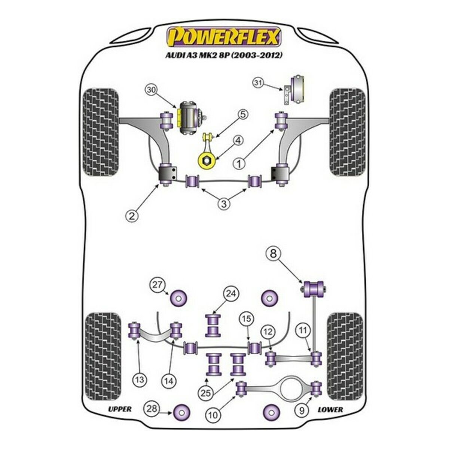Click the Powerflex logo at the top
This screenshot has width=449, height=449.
click(x=224, y=38)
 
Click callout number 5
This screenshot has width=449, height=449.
click(x=242, y=114)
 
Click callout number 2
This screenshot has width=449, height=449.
click(x=131, y=215)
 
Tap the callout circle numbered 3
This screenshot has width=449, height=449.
click(x=224, y=204)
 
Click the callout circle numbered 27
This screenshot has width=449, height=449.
click(x=158, y=285)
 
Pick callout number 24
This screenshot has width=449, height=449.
click(x=231, y=294)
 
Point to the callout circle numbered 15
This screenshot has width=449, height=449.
click(x=245, y=320)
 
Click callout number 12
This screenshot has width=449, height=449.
click(x=269, y=332)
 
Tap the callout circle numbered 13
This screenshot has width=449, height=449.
click(x=140, y=380)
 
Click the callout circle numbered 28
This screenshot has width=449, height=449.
click(x=152, y=409)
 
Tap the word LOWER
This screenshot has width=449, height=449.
click(x=330, y=409)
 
